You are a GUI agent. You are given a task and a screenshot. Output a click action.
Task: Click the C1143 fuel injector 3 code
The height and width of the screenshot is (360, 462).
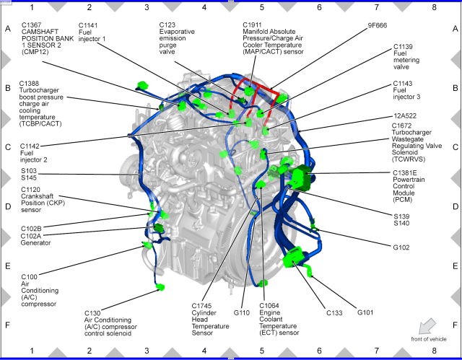point(404,84)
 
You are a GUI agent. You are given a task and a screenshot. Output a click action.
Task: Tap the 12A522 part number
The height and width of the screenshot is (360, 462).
point(404,115)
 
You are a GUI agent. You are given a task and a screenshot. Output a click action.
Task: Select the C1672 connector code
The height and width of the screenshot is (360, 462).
point(404,126)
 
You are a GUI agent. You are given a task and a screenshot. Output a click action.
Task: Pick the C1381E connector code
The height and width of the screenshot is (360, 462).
point(406,173)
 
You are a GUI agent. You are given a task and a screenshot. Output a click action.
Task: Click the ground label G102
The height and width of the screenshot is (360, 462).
point(402,247)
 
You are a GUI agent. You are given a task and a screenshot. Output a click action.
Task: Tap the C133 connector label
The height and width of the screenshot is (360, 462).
point(334,312)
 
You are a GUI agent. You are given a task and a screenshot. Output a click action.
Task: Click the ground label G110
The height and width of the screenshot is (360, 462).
point(241,312)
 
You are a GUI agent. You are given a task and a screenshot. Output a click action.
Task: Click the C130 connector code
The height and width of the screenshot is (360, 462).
point(93,313)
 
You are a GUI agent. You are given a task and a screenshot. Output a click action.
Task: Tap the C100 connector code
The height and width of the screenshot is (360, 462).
point(29,276)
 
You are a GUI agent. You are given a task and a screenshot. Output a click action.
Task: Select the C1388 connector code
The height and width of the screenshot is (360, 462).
point(31,84)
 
